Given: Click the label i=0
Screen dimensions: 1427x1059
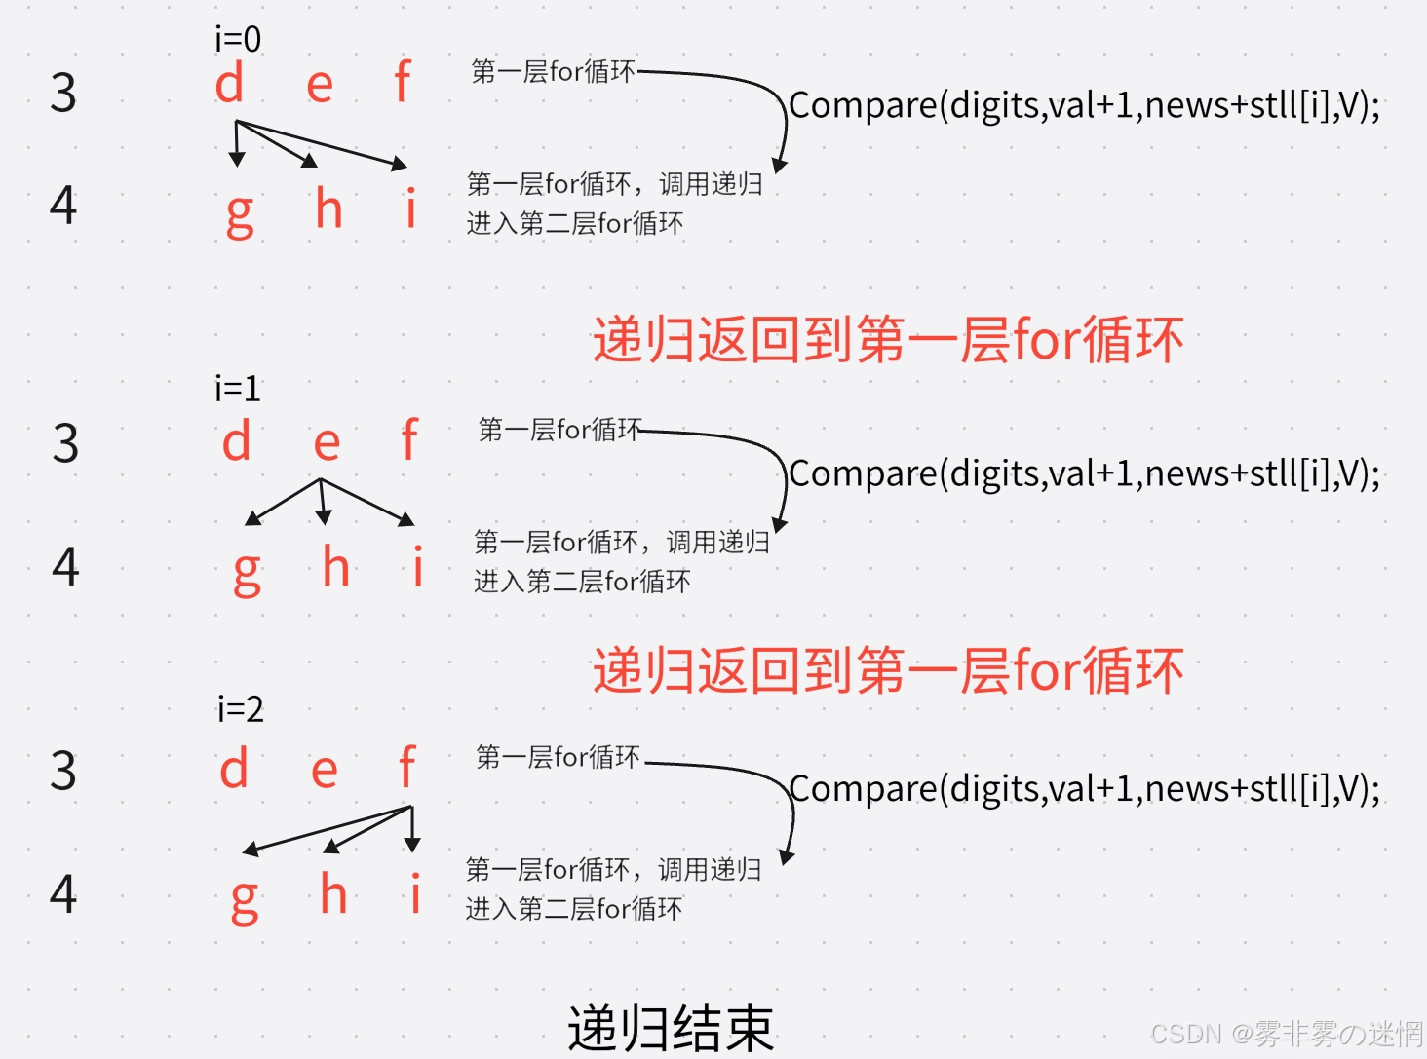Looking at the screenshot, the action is pyautogui.click(x=238, y=39).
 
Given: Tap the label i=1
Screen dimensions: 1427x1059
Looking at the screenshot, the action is pyautogui.click(x=238, y=389).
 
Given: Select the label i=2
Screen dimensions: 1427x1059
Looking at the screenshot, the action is pyautogui.click(x=241, y=709).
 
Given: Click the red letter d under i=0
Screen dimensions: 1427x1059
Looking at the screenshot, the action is pyautogui.click(x=229, y=84).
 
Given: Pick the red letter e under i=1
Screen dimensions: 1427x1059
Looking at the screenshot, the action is pyautogui.click(x=327, y=444).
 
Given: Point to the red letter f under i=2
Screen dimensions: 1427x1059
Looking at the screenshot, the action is pyautogui.click(x=407, y=769).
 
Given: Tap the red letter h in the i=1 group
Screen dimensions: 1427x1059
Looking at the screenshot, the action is pyautogui.click(x=336, y=567).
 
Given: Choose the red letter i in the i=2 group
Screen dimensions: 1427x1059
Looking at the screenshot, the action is pyautogui.click(x=416, y=893).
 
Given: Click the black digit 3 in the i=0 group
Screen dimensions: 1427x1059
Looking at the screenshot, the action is pyautogui.click(x=63, y=94).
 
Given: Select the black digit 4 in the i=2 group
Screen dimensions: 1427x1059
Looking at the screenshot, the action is pyautogui.click(x=63, y=893).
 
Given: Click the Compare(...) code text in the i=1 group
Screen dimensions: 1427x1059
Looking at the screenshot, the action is pyautogui.click(x=1084, y=474).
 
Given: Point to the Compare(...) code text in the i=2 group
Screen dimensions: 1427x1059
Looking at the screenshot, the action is pyautogui.click(x=1084, y=789).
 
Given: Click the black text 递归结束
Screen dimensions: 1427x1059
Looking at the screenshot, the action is pyautogui.click(x=671, y=1029).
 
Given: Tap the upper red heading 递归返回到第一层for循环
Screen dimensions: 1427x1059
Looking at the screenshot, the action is pyautogui.click(x=888, y=341).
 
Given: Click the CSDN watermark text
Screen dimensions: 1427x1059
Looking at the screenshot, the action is pyautogui.click(x=1287, y=1034).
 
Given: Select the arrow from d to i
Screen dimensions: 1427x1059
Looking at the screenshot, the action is pyautogui.click(x=322, y=144).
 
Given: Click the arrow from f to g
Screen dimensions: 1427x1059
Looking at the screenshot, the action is pyautogui.click(x=327, y=828).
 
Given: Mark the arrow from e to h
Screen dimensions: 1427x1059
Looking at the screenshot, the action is pyautogui.click(x=323, y=501).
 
